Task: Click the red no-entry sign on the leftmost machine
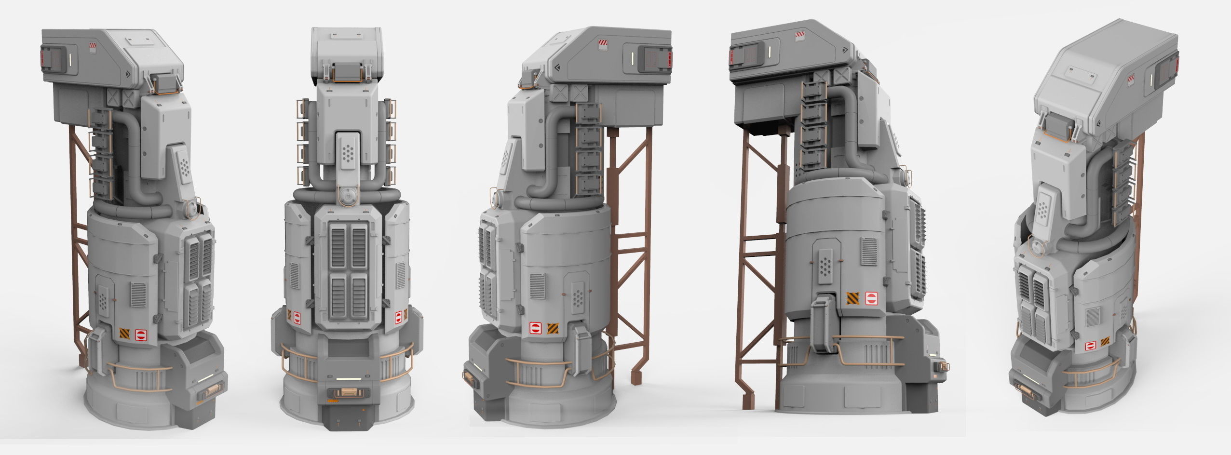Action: coord(141,334)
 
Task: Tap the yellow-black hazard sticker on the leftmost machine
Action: coord(124,334)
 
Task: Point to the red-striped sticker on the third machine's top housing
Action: coord(603,44)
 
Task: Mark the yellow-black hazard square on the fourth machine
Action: coord(853,298)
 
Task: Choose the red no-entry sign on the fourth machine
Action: coord(871,298)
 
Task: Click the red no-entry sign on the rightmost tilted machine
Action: coord(1089,345)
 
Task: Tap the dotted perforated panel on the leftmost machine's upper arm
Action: coord(183,167)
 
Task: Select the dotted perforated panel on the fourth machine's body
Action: coord(826,265)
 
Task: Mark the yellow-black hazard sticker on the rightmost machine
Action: coord(1104,342)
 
